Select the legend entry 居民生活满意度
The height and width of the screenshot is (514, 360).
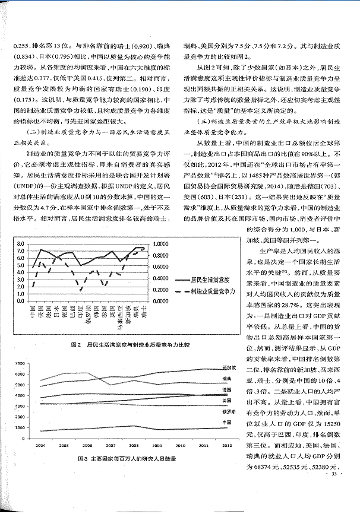[211, 278]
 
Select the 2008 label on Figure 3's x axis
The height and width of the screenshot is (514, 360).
[135, 444]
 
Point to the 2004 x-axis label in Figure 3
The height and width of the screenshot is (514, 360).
[40, 444]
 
